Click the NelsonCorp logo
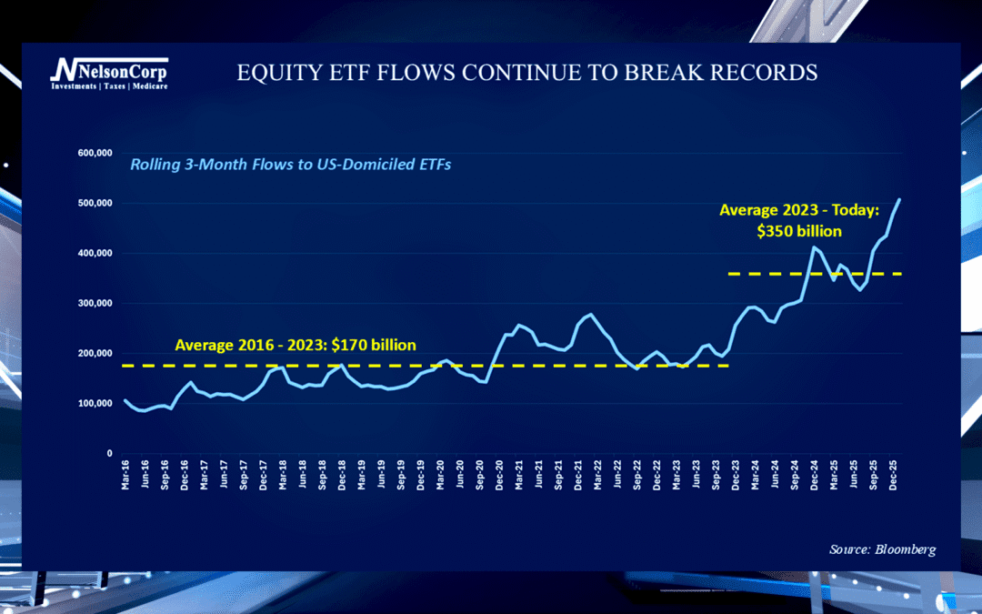[x=108, y=72]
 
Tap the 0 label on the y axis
[x=108, y=453]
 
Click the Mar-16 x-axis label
[x=125, y=476]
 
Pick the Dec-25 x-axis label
[x=895, y=476]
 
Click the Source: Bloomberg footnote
[x=882, y=549]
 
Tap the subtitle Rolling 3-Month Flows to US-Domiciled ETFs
[x=291, y=165]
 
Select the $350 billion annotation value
[x=798, y=231]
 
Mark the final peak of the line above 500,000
[x=899, y=199]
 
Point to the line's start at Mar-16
[x=125, y=400]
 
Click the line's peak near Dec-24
[x=814, y=247]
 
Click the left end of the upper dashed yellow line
[x=731, y=273]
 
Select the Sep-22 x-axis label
[x=636, y=476]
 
